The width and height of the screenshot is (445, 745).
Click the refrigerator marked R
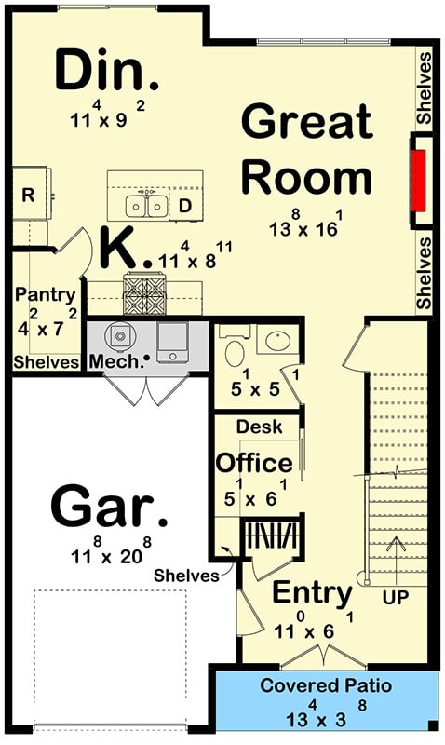[x=28, y=196]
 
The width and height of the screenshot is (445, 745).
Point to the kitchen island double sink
[x=147, y=204]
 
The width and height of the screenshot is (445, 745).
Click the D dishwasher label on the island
[x=184, y=206]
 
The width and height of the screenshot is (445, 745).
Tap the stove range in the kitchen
[x=144, y=293]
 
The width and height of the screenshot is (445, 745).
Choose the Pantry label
[x=46, y=294]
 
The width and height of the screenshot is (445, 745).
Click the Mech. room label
[x=117, y=360]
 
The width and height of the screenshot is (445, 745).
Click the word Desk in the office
[x=254, y=426]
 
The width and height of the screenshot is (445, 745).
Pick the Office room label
[x=254, y=462]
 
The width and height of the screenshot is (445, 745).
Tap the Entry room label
[x=312, y=592]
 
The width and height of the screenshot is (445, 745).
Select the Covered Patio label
[x=326, y=686]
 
